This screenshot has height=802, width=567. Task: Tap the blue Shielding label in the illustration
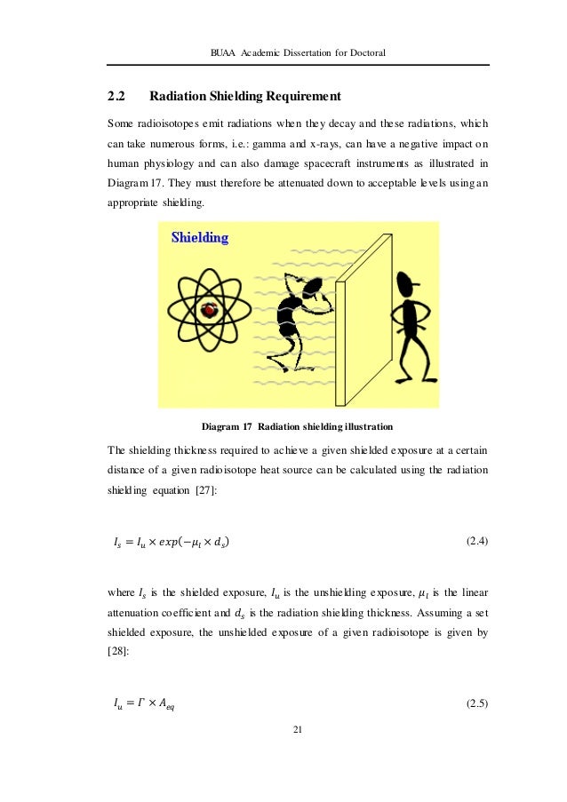click(x=199, y=237)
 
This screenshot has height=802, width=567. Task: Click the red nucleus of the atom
click(x=211, y=310)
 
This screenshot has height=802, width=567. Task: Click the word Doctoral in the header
click(x=364, y=52)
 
